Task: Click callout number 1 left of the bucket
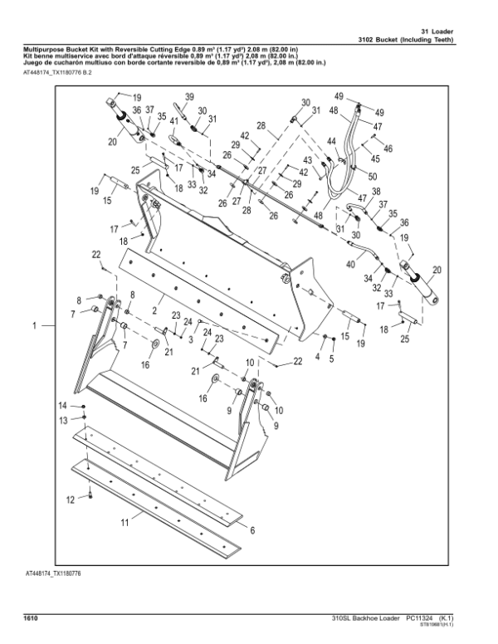coord(34,327)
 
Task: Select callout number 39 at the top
coord(189,98)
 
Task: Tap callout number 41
coord(174,121)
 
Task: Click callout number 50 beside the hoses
coord(372,176)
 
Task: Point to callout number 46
coord(388,148)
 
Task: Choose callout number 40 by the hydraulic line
coord(349,264)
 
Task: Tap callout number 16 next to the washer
coord(144,363)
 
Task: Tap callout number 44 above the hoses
coord(332,142)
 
